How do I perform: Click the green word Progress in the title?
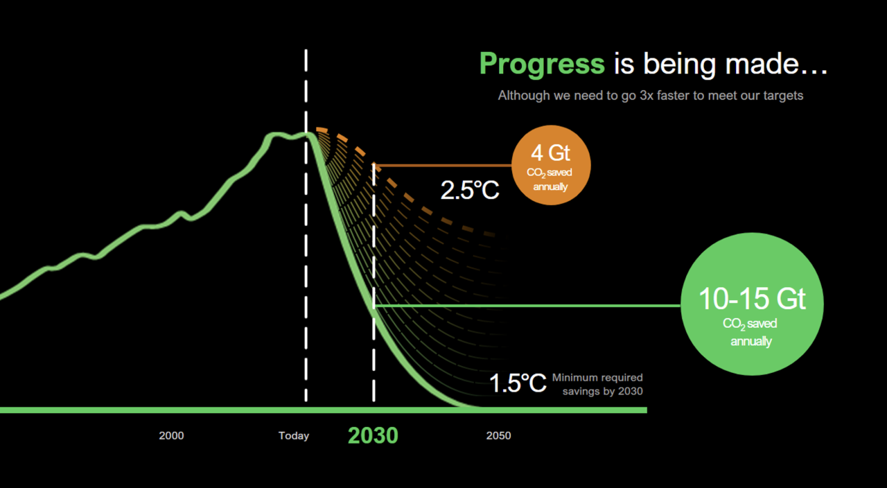click(x=542, y=64)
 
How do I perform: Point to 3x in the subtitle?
click(x=647, y=96)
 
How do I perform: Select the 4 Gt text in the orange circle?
click(x=550, y=153)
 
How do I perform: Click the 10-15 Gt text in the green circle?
click(x=752, y=299)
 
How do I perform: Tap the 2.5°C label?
click(x=470, y=190)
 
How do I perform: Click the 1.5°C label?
click(x=518, y=383)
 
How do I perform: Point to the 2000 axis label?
click(x=171, y=436)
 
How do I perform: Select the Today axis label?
click(x=294, y=436)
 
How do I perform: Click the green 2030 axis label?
click(x=373, y=436)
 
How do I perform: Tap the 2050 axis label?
click(x=498, y=436)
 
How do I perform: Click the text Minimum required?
click(x=597, y=378)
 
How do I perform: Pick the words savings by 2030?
click(x=603, y=392)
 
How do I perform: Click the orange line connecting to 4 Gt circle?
click(x=443, y=165)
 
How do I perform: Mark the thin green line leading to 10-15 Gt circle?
click(x=527, y=306)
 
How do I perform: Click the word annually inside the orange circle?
click(x=550, y=186)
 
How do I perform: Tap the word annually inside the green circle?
click(x=751, y=342)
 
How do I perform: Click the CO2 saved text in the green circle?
click(x=750, y=324)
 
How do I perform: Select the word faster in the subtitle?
click(x=674, y=96)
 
